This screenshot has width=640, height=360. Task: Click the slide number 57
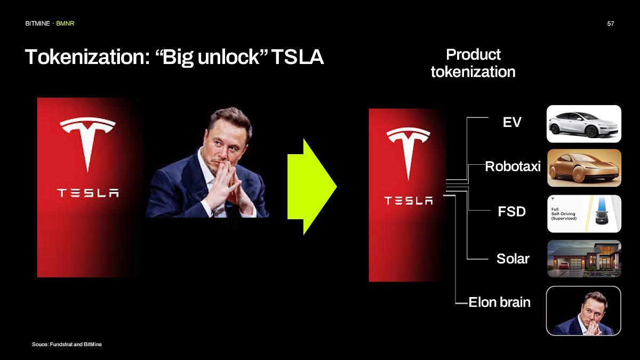tap(611, 24)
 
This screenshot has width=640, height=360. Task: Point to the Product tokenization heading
tap(473, 63)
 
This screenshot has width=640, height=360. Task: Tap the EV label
tap(512, 122)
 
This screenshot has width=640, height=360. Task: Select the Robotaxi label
tap(513, 167)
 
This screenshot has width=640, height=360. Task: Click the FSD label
tap(511, 212)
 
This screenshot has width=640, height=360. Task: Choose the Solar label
tap(513, 259)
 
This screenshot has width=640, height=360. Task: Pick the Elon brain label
tap(499, 302)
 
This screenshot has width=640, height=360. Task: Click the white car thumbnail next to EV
tap(584, 124)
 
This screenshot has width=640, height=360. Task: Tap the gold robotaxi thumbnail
tap(584, 167)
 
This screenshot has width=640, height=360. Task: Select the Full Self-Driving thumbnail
tap(584, 213)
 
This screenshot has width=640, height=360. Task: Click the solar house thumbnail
tap(584, 258)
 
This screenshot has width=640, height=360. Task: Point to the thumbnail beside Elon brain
tap(584, 311)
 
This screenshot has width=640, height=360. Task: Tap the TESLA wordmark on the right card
tap(409, 201)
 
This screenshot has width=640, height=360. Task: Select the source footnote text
tap(67, 345)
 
